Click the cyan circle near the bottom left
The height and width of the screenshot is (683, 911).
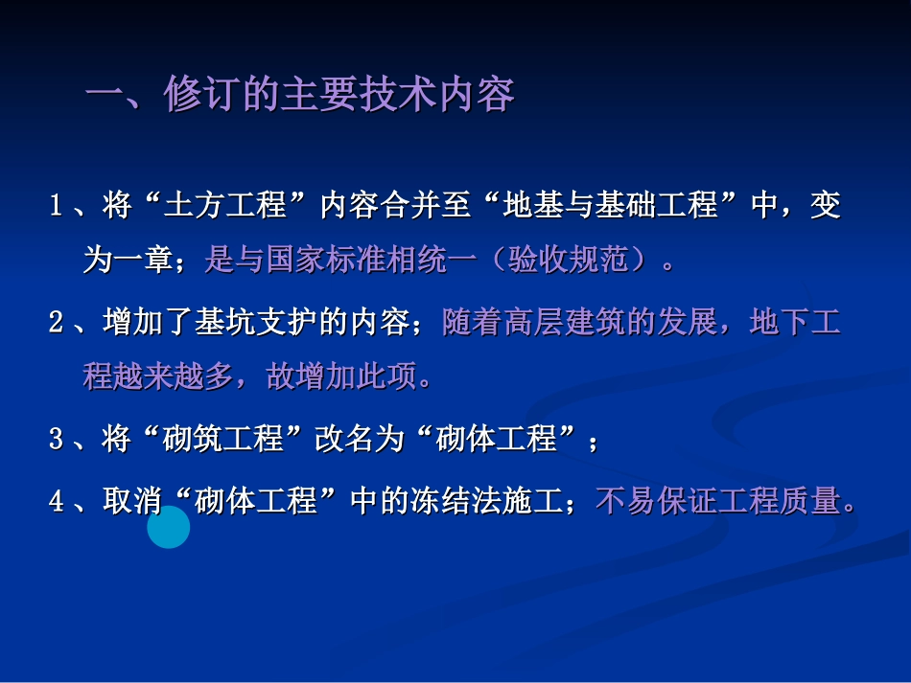click(x=169, y=527)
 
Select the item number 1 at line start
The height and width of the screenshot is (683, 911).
click(x=57, y=206)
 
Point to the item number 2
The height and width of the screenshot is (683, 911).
click(x=57, y=322)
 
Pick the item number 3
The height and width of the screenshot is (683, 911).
click(x=57, y=440)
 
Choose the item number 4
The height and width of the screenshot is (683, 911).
click(x=57, y=500)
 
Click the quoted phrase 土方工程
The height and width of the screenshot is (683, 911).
click(x=223, y=206)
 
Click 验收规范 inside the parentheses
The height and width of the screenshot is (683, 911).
click(x=569, y=261)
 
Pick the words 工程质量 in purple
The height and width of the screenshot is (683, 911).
click(x=779, y=500)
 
